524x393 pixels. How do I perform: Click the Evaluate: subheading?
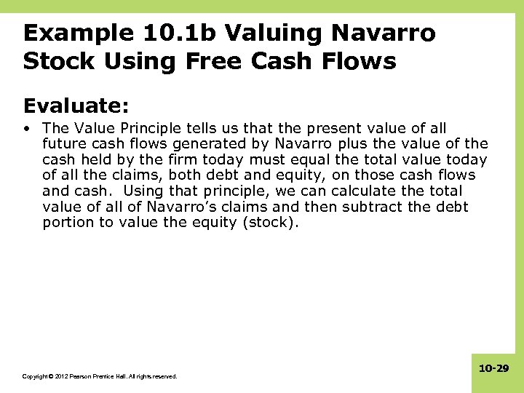click(76, 106)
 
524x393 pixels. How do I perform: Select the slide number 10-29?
click(493, 370)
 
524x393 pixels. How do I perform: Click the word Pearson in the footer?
click(81, 376)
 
